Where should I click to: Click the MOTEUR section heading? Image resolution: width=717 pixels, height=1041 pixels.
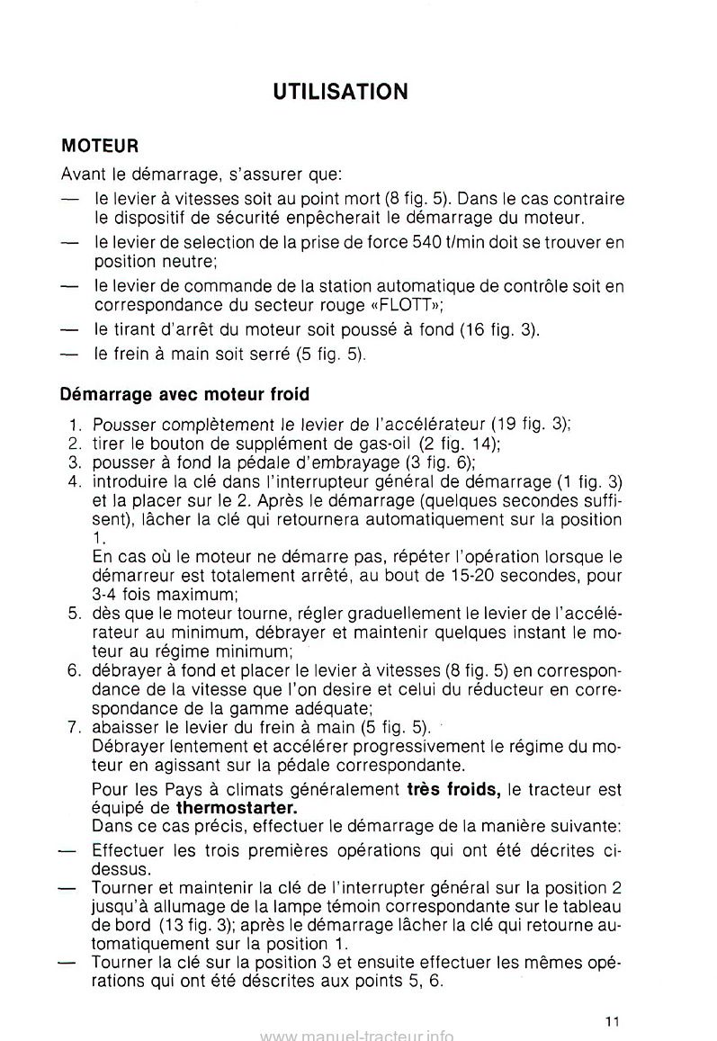[x=99, y=144]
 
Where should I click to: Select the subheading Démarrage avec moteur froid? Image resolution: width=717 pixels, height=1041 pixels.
[x=184, y=393]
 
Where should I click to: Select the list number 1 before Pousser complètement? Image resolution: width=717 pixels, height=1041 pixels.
[x=76, y=424]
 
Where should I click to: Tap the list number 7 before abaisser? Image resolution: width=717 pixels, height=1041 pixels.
[x=76, y=726]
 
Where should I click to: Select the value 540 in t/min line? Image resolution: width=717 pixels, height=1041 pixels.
[x=428, y=242]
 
